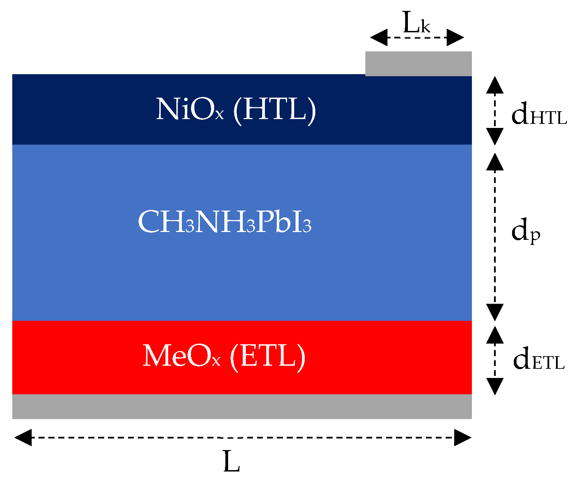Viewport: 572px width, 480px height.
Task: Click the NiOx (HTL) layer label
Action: (x=236, y=110)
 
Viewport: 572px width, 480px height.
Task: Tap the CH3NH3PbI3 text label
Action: (x=225, y=222)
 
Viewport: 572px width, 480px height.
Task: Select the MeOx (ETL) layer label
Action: (x=224, y=356)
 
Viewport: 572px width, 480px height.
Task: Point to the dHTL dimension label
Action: (x=539, y=114)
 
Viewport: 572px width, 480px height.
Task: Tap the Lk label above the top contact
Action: (x=416, y=23)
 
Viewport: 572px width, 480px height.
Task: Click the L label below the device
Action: (x=232, y=462)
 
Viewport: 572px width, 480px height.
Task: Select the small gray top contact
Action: (x=418, y=64)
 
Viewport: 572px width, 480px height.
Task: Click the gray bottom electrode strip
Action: (x=242, y=407)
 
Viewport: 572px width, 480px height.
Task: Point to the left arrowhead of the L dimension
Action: (x=23, y=437)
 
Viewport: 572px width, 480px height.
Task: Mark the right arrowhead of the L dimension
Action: (x=463, y=437)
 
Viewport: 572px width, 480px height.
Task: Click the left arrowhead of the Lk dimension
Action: (x=379, y=37)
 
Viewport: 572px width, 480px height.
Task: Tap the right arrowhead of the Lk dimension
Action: (x=455, y=37)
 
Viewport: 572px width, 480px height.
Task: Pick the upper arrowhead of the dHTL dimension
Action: (x=495, y=85)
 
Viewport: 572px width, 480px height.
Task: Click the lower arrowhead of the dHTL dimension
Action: (x=495, y=136)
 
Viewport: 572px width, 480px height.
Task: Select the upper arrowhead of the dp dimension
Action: (x=495, y=162)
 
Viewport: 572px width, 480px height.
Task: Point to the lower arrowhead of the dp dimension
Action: (x=495, y=312)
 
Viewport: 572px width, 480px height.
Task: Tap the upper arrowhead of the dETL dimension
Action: (x=495, y=335)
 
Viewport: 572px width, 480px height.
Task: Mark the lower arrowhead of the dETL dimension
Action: (x=495, y=386)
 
